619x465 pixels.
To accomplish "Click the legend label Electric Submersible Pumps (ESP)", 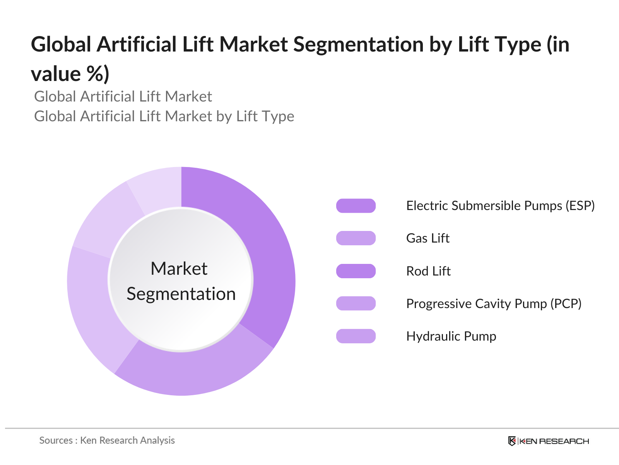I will pyautogui.click(x=500, y=206).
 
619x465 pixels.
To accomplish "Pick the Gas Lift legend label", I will pyautogui.click(x=427, y=238).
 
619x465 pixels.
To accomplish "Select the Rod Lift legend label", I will pyautogui.click(x=428, y=271).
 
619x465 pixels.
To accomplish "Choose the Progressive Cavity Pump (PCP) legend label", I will pyautogui.click(x=494, y=304).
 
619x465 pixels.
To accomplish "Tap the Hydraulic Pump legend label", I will pyautogui.click(x=451, y=336).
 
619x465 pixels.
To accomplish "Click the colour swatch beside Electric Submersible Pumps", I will pyautogui.click(x=356, y=206).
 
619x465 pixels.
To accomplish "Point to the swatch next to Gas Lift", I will pyautogui.click(x=356, y=238).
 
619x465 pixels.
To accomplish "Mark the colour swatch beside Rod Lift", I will pyautogui.click(x=356, y=271).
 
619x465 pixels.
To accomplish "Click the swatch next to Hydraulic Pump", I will pyautogui.click(x=356, y=336).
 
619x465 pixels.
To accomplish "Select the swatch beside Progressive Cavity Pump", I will pyautogui.click(x=356, y=304).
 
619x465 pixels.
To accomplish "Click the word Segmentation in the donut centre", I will pyautogui.click(x=181, y=294).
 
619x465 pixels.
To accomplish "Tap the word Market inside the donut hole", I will pyautogui.click(x=179, y=269).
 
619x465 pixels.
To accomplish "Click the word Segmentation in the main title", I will pyautogui.click(x=358, y=45).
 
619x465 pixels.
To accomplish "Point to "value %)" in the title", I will pyautogui.click(x=70, y=74).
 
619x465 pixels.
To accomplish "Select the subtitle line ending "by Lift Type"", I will pyautogui.click(x=164, y=116).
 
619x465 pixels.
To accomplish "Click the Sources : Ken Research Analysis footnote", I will pyautogui.click(x=107, y=441).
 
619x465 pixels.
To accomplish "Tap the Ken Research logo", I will pyautogui.click(x=548, y=441).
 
